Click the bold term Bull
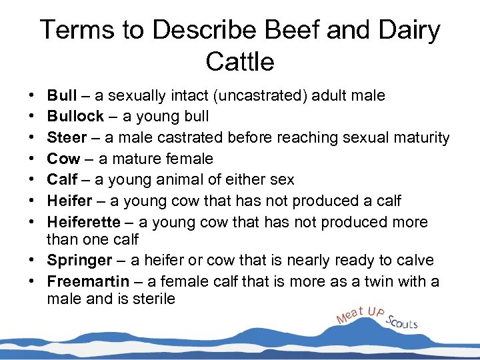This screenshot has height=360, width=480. pos(61,96)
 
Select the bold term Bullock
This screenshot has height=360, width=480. pos(75,117)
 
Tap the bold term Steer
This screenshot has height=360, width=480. pos(67,138)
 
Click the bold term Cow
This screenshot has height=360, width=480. pos(63,159)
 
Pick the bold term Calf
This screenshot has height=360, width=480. pos(62,180)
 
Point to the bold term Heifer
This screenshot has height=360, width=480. pos(69,201)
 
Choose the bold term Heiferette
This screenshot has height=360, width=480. pos(84,222)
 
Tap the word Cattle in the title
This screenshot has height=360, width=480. pos(240,62)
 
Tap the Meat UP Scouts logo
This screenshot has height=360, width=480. pos(377,317)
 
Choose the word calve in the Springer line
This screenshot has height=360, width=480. pos(415,260)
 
